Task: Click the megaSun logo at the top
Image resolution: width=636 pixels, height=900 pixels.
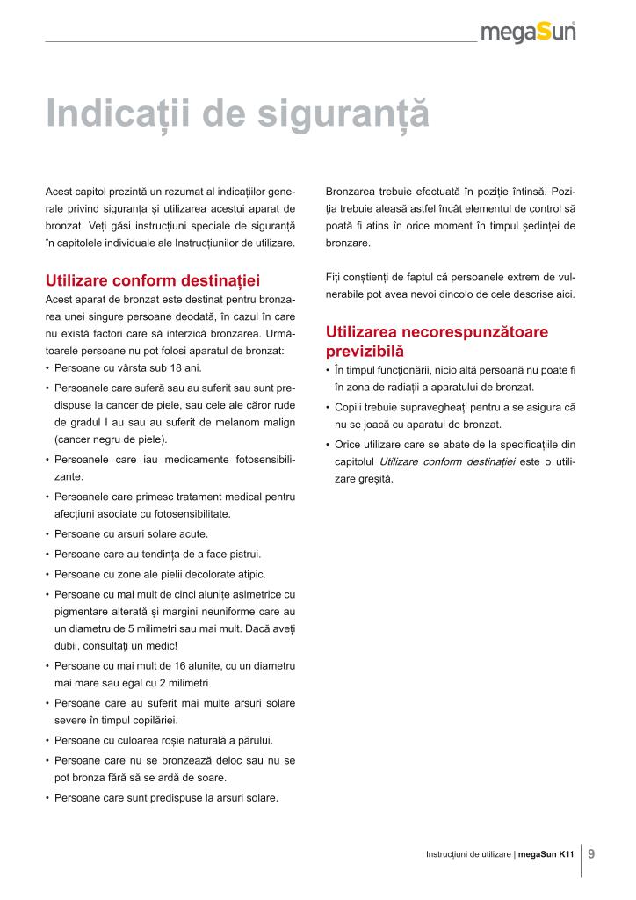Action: pyautogui.click(x=528, y=33)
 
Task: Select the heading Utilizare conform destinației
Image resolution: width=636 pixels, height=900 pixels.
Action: pyautogui.click(x=153, y=281)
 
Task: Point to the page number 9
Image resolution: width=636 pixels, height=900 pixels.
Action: pyautogui.click(x=591, y=853)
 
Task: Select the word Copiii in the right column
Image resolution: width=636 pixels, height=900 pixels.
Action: pyautogui.click(x=348, y=408)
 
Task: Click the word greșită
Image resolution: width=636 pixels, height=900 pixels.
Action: pyautogui.click(x=373, y=479)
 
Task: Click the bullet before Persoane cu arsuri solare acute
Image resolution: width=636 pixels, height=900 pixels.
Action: pyautogui.click(x=47, y=534)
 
